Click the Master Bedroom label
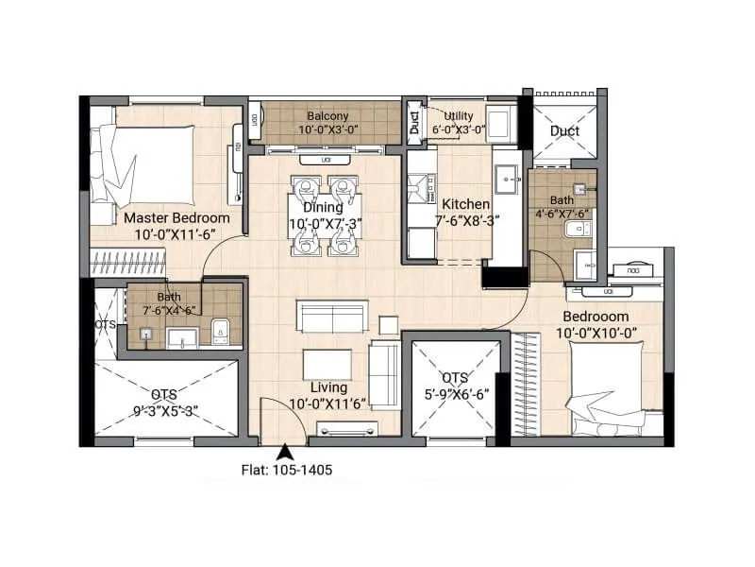pyautogui.click(x=177, y=218)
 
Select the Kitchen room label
pyautogui.click(x=465, y=204)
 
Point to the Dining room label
pyautogui.click(x=324, y=208)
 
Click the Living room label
pyautogui.click(x=327, y=387)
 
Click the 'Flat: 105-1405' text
pyautogui.click(x=284, y=468)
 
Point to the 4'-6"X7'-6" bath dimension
pyautogui.click(x=562, y=215)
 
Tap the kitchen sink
pyautogui.click(x=508, y=176)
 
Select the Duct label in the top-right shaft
pyautogui.click(x=564, y=131)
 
